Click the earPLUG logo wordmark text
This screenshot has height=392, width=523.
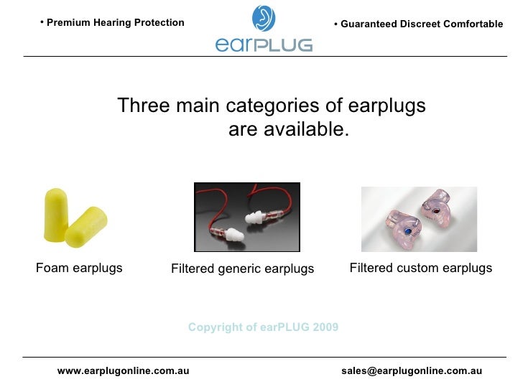(x=264, y=44)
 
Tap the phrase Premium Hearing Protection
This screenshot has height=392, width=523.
(x=115, y=22)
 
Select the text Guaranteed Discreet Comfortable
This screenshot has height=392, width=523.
(x=422, y=24)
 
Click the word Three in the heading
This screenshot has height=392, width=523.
(x=143, y=106)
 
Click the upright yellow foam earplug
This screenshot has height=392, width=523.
(x=55, y=212)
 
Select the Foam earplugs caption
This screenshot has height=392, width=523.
(x=79, y=268)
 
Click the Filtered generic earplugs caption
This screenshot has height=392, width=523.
(x=242, y=269)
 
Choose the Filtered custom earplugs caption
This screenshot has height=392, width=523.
(x=420, y=268)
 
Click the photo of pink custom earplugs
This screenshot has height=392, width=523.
(x=418, y=218)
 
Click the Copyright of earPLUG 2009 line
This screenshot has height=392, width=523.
(x=263, y=327)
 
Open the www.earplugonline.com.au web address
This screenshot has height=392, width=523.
(x=123, y=370)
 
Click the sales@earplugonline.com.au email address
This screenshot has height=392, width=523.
(x=412, y=370)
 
